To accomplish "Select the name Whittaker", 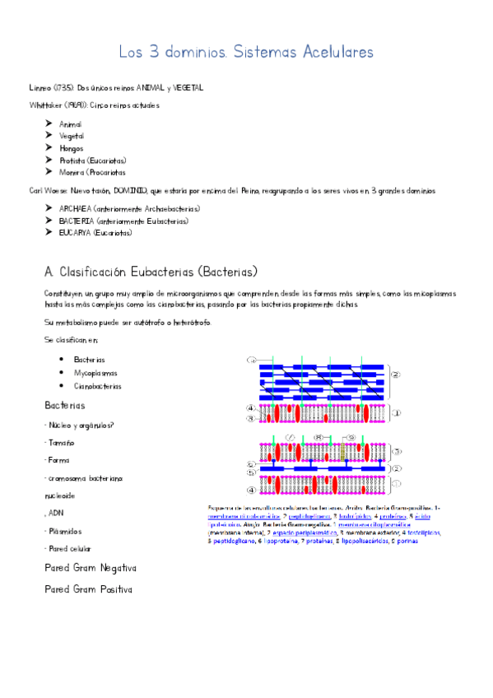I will click(44, 105).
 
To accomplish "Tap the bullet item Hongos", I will click(71, 148).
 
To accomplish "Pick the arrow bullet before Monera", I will click(49, 172).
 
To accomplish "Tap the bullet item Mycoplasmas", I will click(95, 373).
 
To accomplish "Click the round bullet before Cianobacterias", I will click(62, 385).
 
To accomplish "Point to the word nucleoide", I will click(59, 496).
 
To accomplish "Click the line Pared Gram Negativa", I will click(91, 568).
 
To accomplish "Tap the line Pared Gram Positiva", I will click(88, 589).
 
